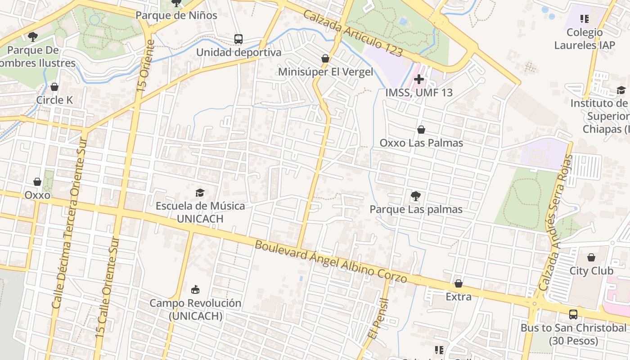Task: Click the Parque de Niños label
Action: [x=176, y=15]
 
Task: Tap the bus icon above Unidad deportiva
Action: [x=238, y=39]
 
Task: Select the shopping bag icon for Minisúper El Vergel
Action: [x=325, y=58]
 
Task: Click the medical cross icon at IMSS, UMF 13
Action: [x=419, y=80]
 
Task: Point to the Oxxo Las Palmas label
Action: [x=421, y=143]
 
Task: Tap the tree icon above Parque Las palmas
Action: [x=416, y=196]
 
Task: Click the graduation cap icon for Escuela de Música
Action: [x=200, y=193]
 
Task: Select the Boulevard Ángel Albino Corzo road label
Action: [x=331, y=261]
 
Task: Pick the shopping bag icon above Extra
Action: [x=459, y=283]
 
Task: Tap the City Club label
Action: [x=591, y=271]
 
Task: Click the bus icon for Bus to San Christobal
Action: [x=573, y=314]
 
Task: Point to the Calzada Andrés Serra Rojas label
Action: [x=557, y=223]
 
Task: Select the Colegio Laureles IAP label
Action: [x=585, y=39]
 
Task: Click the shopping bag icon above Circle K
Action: [x=54, y=87]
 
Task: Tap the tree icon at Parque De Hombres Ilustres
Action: [x=32, y=36]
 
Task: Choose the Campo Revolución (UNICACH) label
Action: [x=195, y=310]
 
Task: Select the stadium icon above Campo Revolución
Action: [x=195, y=289]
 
